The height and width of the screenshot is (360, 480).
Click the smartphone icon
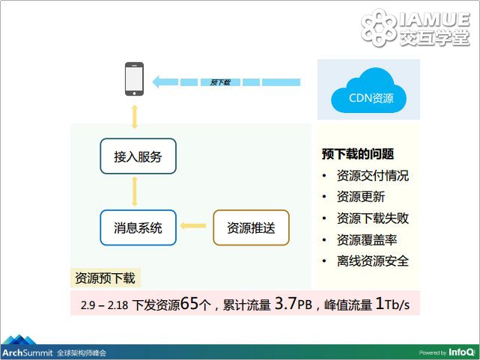(134, 79)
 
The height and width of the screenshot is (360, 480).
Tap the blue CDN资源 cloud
(368, 91)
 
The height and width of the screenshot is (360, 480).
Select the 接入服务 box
(138, 156)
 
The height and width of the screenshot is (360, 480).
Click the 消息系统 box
(138, 228)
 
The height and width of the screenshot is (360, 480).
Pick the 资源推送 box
(251, 228)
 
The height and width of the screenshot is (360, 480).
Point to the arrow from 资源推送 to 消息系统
(193, 226)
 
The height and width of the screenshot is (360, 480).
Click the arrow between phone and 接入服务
(134, 117)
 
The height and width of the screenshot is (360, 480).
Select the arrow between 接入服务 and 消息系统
(134, 192)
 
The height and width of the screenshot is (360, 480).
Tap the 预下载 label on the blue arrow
(220, 82)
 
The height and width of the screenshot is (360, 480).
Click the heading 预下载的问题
(357, 154)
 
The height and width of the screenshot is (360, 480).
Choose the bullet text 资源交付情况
(373, 176)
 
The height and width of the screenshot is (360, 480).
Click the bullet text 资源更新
(361, 197)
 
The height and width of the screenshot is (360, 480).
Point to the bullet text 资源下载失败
(373, 218)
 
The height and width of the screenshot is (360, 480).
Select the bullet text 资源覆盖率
(367, 240)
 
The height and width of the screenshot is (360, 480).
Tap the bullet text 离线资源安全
(373, 261)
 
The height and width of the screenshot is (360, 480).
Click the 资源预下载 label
(105, 278)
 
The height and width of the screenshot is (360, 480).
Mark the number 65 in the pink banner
(189, 303)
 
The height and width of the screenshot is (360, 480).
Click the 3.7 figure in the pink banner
(286, 303)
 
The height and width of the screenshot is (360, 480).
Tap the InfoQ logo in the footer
(461, 353)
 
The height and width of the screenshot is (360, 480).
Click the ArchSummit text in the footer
(28, 353)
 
